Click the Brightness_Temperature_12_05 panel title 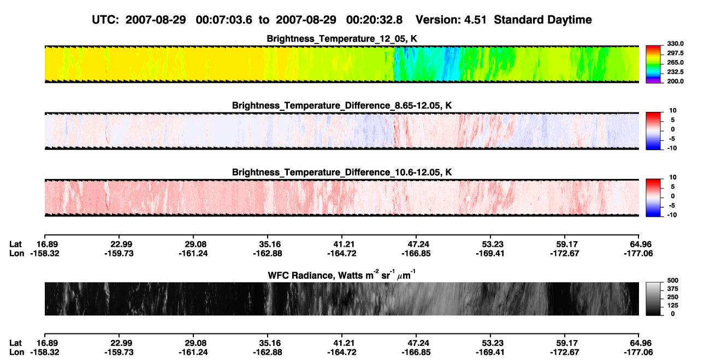pos(342,39)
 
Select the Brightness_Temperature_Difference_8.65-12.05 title pos(342,105)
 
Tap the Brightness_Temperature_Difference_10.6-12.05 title pos(342,172)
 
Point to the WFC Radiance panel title pos(342,275)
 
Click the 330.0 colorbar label pos(675,44)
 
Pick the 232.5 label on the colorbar pos(675,72)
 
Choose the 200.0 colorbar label pos(675,81)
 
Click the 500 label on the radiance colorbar pos(673,281)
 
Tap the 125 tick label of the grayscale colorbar pos(673,306)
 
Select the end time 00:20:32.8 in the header pos(374,20)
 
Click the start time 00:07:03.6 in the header pos(224,20)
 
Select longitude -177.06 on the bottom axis pos(638,353)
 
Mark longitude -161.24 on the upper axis pos(193,253)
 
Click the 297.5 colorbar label pos(675,53)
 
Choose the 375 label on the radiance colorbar pos(673,289)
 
